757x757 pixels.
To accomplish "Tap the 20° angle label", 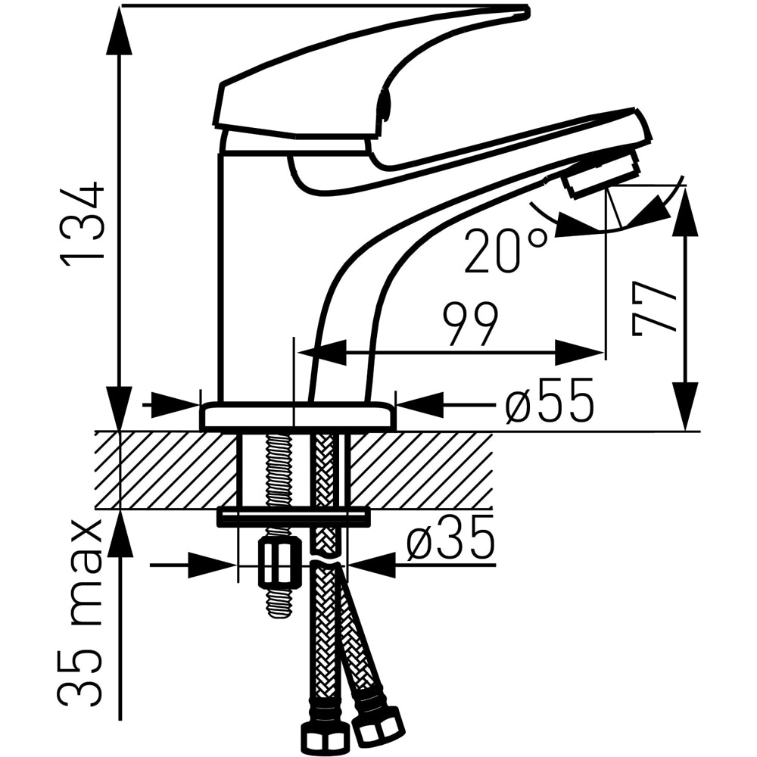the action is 507,251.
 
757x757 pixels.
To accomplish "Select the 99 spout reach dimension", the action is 470,325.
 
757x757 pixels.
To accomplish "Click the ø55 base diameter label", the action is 549,400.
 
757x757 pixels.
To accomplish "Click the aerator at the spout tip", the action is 603,173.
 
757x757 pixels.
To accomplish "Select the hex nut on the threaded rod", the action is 279,563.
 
